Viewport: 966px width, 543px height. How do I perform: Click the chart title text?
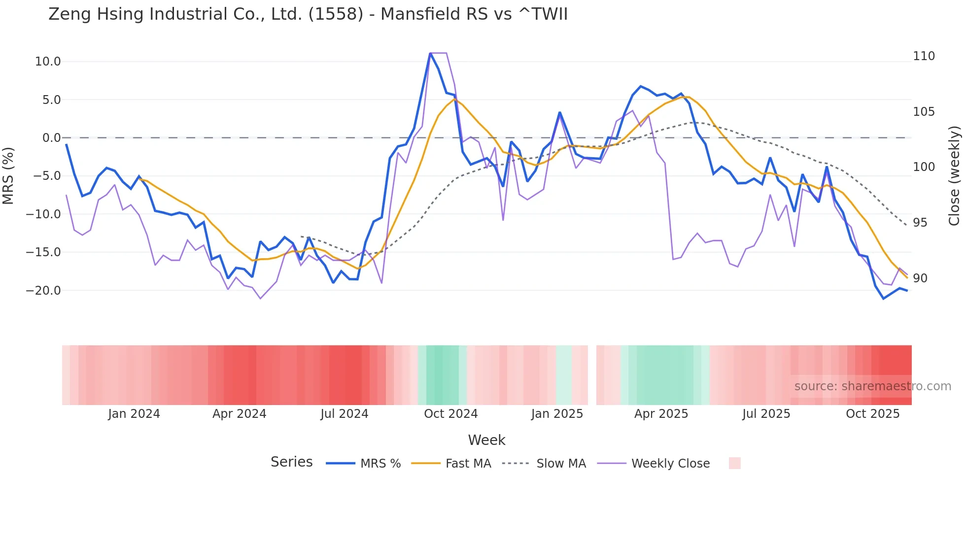(x=308, y=14)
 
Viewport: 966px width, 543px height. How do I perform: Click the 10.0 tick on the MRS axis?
(x=48, y=62)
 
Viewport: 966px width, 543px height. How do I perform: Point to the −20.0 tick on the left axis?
(x=43, y=291)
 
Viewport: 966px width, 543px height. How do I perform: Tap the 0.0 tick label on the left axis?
(x=51, y=138)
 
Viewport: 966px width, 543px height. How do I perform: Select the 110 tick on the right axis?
(x=924, y=56)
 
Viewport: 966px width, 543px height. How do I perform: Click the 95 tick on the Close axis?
(x=920, y=223)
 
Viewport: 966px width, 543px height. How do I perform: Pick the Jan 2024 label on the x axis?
(x=134, y=414)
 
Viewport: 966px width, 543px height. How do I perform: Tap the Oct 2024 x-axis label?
(x=450, y=414)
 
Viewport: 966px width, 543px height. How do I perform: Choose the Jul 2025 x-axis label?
(x=766, y=414)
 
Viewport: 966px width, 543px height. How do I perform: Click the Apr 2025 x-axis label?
(x=661, y=414)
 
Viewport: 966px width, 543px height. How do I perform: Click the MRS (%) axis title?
(x=8, y=176)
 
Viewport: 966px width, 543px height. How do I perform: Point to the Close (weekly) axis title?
(x=955, y=176)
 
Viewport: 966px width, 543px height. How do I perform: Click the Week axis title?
(x=486, y=440)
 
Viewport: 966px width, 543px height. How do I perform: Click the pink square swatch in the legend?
(x=734, y=463)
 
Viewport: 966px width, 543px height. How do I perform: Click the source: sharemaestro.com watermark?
(x=872, y=386)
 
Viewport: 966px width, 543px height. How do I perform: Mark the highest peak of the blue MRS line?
(x=430, y=53)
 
